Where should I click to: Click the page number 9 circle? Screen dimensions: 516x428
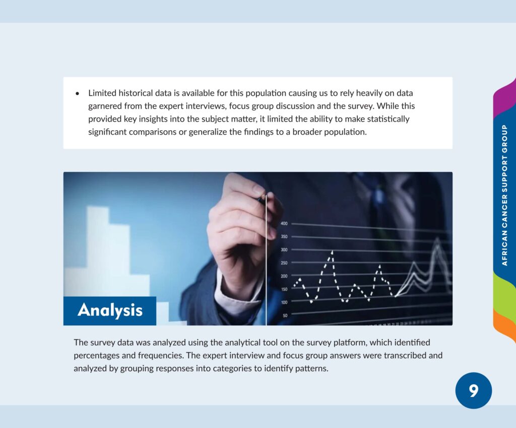[474, 391]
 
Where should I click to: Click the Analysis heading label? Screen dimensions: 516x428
[110, 310]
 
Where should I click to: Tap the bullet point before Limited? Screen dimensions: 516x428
[77, 94]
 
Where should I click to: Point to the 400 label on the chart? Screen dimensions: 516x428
[284, 223]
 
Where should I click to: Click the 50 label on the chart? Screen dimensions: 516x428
[285, 315]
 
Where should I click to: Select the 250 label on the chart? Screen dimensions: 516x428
[284, 263]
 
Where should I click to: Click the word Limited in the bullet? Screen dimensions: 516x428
[102, 93]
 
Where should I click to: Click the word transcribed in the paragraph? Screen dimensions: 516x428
[405, 356]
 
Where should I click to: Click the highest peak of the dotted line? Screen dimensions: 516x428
[332, 252]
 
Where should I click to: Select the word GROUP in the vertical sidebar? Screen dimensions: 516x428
[504, 138]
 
